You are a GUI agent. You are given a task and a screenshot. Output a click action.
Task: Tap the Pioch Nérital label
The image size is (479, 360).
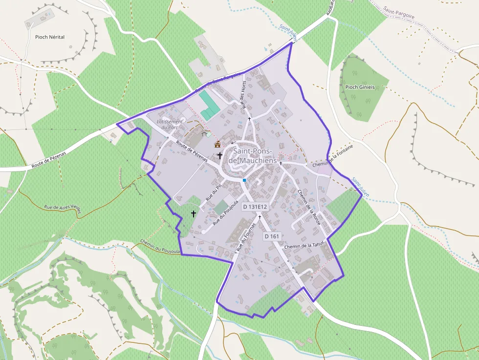[50, 37]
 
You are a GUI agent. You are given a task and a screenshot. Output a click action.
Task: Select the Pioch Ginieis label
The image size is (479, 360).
[360, 87]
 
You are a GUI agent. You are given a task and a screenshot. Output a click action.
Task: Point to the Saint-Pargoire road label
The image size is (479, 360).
[399, 13]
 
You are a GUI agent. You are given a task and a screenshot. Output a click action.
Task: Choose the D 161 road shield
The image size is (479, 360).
[272, 236]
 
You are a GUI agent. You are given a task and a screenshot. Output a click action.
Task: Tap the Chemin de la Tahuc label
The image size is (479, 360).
[305, 246]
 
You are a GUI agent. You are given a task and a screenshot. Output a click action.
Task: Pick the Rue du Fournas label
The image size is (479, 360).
[246, 237]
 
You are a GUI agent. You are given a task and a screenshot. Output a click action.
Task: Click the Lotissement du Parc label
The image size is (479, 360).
[170, 124]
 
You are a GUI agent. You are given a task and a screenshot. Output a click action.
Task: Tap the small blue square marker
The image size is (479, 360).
[244, 180]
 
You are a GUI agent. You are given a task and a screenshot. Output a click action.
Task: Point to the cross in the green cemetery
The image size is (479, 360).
[194, 213]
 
